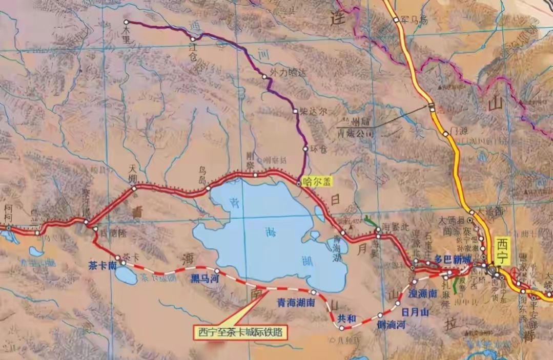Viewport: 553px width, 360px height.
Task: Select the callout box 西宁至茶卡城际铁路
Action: pyautogui.click(x=240, y=332)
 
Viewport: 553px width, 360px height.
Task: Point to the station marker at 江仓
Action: pyautogui.click(x=193, y=39)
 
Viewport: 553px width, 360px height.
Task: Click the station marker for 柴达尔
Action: pyautogui.click(x=295, y=111)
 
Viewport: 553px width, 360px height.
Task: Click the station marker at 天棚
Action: pyautogui.click(x=134, y=188)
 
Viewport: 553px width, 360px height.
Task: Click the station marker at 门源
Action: pyautogui.click(x=445, y=133)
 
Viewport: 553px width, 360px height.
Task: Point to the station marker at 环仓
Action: pyautogui.click(x=305, y=149)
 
